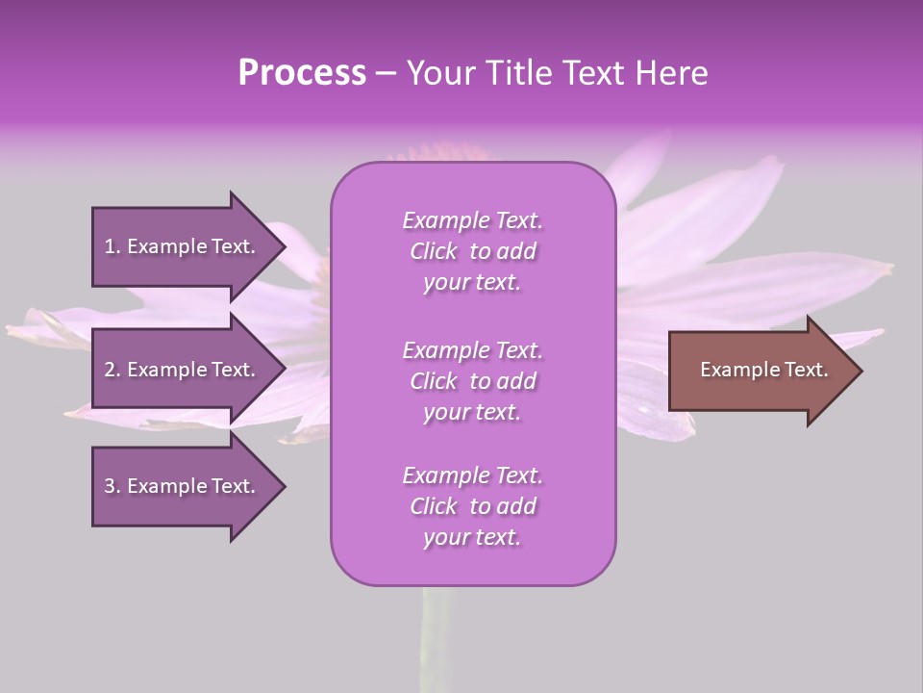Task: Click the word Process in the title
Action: tap(302, 73)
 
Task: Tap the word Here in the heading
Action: tap(671, 73)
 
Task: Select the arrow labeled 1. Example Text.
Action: tap(180, 246)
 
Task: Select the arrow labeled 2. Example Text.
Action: tap(180, 370)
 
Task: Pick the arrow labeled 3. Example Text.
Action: tap(180, 486)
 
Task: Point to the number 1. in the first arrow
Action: tap(112, 246)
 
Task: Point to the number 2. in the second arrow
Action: tap(112, 370)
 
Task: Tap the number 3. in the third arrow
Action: tap(112, 486)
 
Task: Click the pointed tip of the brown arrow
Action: tap(858, 371)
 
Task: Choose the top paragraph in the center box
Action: tap(472, 251)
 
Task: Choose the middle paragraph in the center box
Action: tap(472, 381)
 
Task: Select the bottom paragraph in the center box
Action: tap(472, 506)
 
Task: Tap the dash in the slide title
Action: tap(386, 74)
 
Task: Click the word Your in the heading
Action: tap(437, 73)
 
